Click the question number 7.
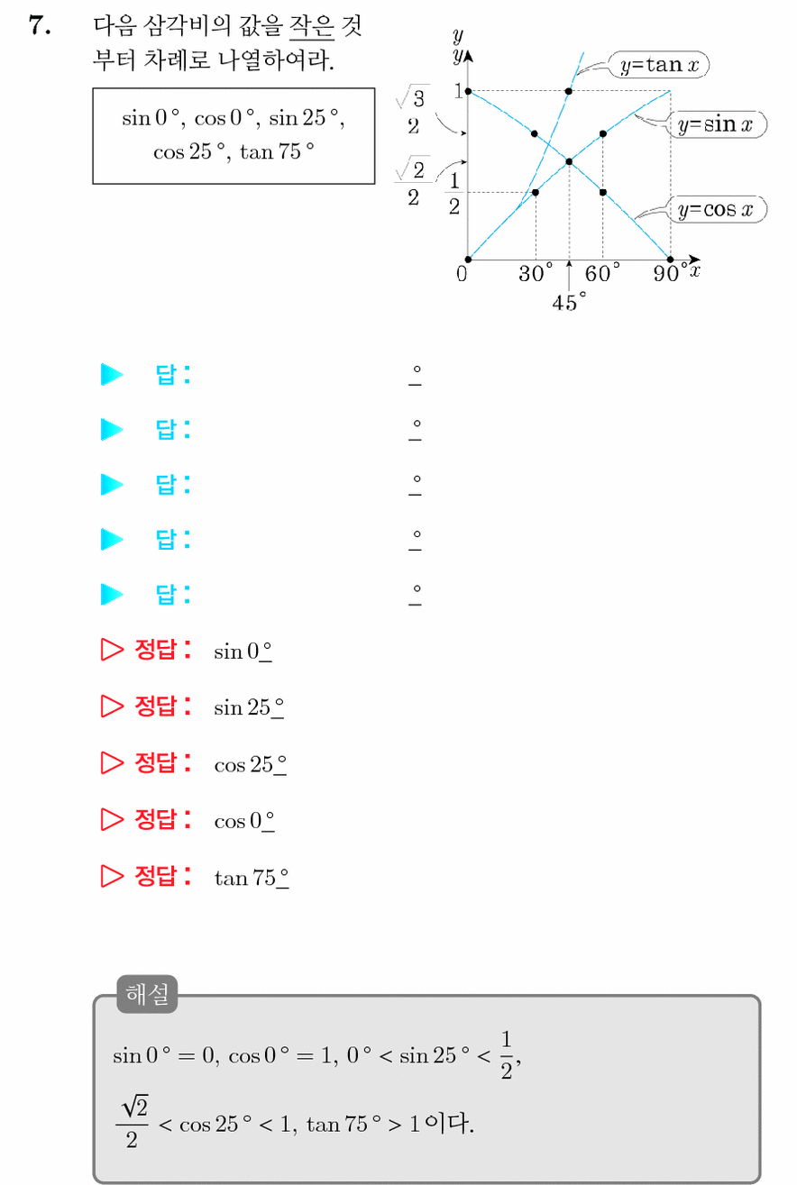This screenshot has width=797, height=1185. (x=40, y=25)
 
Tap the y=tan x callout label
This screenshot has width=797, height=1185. (x=659, y=65)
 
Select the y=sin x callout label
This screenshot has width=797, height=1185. (x=717, y=124)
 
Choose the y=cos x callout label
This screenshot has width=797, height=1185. (x=717, y=209)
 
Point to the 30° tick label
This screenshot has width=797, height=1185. (x=536, y=273)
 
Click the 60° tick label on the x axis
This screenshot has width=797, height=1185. (x=602, y=273)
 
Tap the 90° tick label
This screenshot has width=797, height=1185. (x=670, y=273)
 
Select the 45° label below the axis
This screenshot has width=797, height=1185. (x=569, y=302)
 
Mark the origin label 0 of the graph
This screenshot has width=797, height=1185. (x=462, y=274)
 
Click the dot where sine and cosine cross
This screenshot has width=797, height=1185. (x=570, y=162)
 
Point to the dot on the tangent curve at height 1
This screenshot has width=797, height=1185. (x=569, y=92)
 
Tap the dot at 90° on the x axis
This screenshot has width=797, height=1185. (x=671, y=260)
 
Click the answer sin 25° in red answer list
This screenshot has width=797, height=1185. (x=249, y=707)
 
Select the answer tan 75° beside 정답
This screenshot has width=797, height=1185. (x=252, y=878)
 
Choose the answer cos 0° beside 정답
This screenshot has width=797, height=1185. (x=244, y=821)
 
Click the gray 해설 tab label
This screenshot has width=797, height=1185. (x=147, y=994)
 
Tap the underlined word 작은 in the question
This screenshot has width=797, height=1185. (x=312, y=26)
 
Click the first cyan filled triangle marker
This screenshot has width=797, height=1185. (x=111, y=375)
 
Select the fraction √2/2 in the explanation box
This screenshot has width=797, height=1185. (x=133, y=1122)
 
